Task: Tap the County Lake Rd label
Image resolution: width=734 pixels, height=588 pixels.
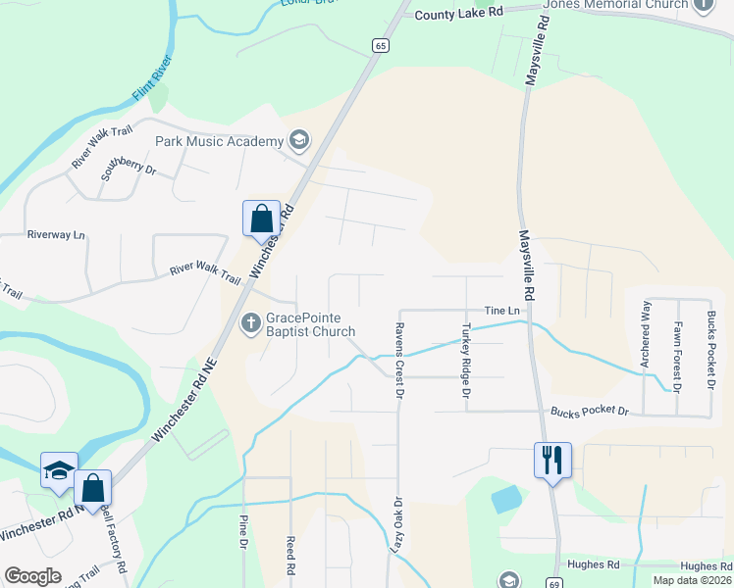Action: (458, 14)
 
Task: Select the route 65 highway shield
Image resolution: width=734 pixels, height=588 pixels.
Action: (380, 45)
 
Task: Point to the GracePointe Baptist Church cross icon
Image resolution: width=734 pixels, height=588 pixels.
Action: (251, 321)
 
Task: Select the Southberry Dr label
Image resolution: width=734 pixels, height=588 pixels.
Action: (129, 170)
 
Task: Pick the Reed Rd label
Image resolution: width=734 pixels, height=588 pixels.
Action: (290, 555)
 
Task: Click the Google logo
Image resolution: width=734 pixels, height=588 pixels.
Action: (32, 576)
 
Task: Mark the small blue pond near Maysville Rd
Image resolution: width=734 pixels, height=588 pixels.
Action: (505, 499)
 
